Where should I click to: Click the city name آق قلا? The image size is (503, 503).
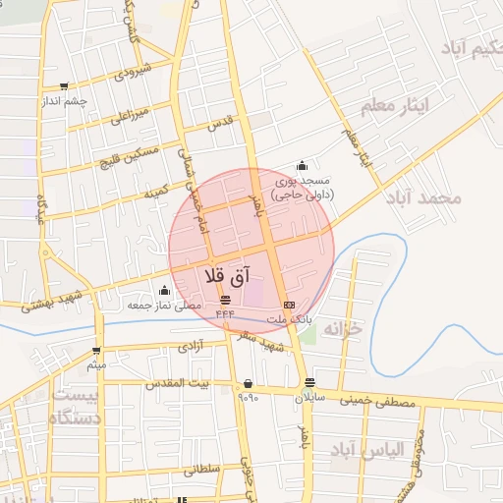tap(228, 276)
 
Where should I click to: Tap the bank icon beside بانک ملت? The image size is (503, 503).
tap(288, 305)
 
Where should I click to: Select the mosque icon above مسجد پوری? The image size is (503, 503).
tap(301, 165)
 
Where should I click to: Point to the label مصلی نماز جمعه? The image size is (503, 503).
tap(164, 306)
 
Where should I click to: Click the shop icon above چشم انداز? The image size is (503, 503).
tap(65, 86)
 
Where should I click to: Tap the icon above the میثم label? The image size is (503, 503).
tap(96, 350)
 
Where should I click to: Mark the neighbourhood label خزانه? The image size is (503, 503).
tap(343, 328)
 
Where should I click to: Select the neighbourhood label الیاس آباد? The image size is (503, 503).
tap(368, 449)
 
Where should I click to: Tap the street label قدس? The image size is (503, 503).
tap(219, 125)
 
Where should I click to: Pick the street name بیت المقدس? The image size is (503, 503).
tap(178, 384)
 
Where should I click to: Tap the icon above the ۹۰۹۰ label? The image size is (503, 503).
tap(247, 383)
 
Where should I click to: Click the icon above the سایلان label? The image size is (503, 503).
tap(310, 383)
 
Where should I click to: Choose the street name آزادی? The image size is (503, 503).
tap(188, 348)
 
